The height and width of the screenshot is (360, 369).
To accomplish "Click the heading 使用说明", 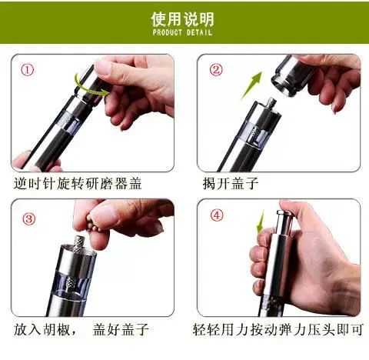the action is pyautogui.click(x=182, y=19).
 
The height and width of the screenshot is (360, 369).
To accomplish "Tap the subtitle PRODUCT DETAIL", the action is pyautogui.click(x=182, y=32).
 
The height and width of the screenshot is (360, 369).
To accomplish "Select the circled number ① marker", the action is pyautogui.click(x=28, y=70).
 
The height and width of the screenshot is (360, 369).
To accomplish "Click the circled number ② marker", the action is pyautogui.click(x=216, y=70).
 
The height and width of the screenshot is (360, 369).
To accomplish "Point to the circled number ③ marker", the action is pyautogui.click(x=29, y=218).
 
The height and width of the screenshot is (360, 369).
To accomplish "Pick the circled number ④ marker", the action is pyautogui.click(x=217, y=215).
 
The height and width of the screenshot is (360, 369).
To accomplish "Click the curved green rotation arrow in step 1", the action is pyautogui.click(x=90, y=88).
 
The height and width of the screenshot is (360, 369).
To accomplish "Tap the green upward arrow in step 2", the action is pyautogui.click(x=251, y=85).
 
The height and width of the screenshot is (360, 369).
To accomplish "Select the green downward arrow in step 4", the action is pyautogui.click(x=261, y=222).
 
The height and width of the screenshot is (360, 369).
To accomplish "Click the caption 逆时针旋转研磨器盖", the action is pyautogui.click(x=78, y=184).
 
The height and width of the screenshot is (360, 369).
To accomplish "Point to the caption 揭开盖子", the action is pyautogui.click(x=230, y=184).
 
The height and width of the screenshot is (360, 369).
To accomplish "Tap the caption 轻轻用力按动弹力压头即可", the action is pyautogui.click(x=278, y=329).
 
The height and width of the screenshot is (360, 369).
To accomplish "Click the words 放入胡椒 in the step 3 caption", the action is pyautogui.click(x=42, y=329).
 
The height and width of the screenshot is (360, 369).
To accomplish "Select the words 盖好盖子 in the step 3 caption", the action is pyautogui.click(x=121, y=329).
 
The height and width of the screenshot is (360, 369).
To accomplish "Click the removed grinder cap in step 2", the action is pyautogui.click(x=292, y=75).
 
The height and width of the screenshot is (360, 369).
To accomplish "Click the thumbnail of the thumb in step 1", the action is pyautogui.click(x=103, y=68).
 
